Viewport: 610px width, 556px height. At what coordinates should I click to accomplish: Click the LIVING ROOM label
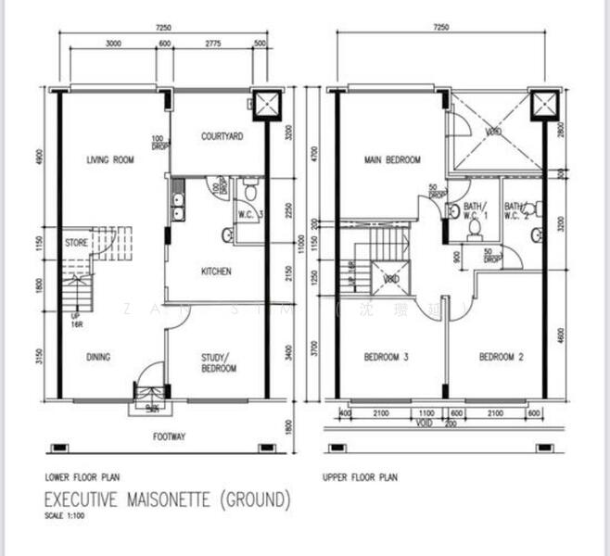point(110,159)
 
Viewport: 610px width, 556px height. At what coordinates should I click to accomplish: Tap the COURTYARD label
point(222,136)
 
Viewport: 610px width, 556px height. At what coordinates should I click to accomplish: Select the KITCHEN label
point(216,272)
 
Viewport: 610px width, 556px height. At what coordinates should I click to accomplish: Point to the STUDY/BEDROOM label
point(219,362)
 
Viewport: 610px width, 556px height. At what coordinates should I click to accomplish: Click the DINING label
point(99,357)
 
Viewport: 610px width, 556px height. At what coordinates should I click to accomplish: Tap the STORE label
point(76,243)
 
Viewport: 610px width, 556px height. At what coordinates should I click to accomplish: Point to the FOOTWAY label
point(170,436)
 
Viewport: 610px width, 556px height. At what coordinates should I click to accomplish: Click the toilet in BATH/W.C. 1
point(474,225)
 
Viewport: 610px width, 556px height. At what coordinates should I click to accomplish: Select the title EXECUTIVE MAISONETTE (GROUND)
point(167,500)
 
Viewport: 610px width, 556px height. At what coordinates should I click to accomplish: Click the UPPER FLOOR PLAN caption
point(360,478)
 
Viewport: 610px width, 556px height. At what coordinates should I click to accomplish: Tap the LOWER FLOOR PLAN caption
point(83,478)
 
